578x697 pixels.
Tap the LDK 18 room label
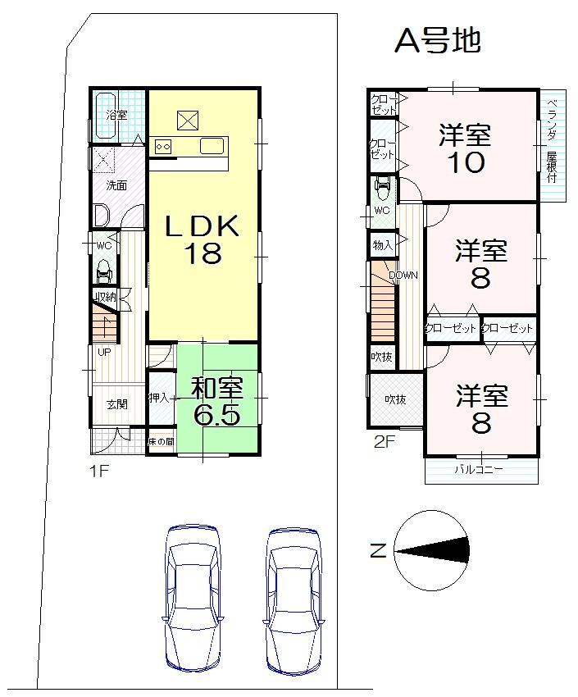(202, 239)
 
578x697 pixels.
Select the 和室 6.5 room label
(216, 401)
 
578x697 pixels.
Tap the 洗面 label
(116, 185)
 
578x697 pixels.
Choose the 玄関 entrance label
(116, 404)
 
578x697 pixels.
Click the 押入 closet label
(159, 399)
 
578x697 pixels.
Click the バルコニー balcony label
(480, 470)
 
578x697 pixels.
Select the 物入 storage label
(382, 244)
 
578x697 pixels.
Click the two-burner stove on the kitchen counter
(162, 147)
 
